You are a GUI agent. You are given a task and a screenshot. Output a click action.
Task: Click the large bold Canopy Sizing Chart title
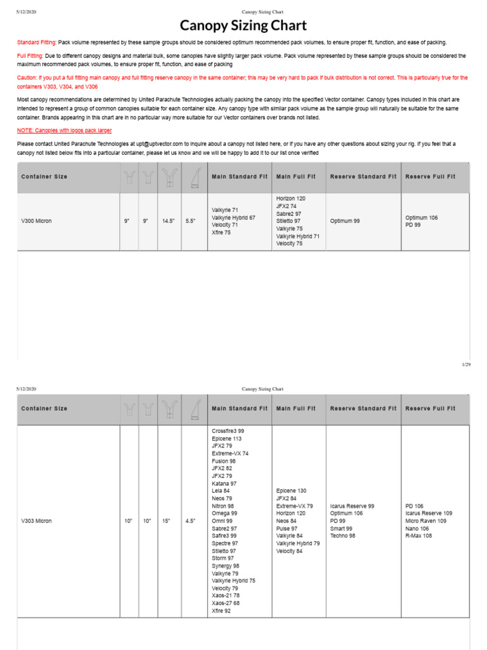pos(243,26)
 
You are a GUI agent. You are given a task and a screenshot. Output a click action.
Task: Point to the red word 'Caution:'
pos(29,77)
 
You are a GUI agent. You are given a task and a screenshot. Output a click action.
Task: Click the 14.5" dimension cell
pos(168,221)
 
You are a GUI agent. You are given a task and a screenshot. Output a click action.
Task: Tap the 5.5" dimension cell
pos(191,221)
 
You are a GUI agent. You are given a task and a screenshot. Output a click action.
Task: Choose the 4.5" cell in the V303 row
pos(191,521)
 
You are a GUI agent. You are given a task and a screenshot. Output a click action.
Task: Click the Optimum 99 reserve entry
pos(345,221)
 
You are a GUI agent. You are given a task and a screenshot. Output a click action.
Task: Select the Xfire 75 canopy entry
pos(222,232)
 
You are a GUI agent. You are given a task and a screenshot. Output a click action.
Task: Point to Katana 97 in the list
pos(224,483)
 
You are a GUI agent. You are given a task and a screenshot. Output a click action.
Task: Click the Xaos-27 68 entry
pos(226,603)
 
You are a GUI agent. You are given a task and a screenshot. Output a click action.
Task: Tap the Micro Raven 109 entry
pos(425,521)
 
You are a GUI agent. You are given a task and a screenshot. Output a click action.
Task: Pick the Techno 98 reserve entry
pos(343,536)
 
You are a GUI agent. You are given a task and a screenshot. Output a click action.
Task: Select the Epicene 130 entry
pos(291,491)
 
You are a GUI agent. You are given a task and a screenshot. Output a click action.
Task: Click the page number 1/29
pos(466,365)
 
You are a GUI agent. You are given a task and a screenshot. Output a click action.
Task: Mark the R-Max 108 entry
pos(419,536)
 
